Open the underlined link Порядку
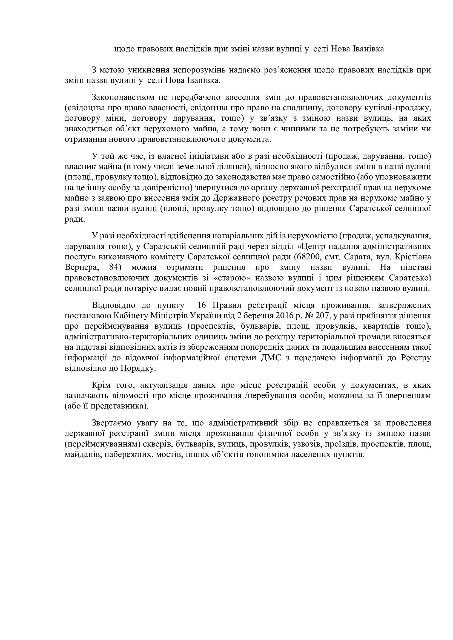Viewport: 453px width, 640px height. (x=137, y=368)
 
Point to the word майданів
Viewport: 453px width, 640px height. (x=81, y=455)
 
